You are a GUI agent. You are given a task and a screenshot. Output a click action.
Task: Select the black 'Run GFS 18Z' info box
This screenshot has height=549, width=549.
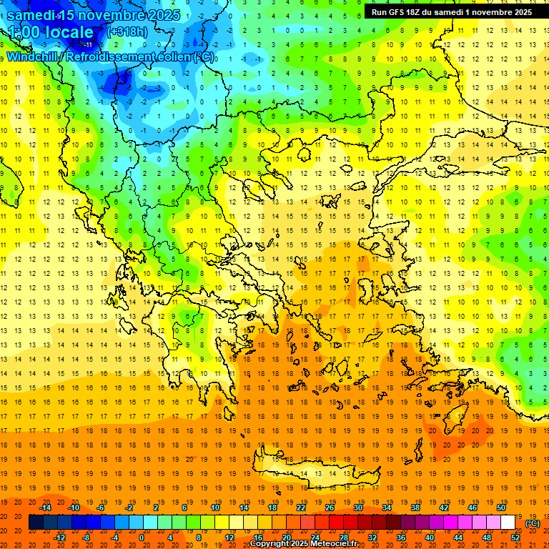[x=451, y=12]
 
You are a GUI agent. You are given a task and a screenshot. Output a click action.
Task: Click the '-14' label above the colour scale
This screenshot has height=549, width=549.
[x=45, y=508]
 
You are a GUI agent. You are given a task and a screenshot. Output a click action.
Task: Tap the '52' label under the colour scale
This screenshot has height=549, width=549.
[x=515, y=537]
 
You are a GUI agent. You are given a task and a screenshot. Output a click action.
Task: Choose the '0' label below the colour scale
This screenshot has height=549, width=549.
[x=142, y=537]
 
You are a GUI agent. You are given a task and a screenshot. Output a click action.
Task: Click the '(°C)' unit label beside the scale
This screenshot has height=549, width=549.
[x=533, y=523]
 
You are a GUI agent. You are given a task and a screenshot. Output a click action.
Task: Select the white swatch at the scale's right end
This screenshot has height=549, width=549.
[x=508, y=523]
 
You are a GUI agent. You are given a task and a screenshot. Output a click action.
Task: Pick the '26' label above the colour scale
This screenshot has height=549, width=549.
[x=330, y=508]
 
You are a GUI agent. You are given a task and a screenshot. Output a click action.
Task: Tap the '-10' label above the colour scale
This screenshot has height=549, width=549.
[x=74, y=508]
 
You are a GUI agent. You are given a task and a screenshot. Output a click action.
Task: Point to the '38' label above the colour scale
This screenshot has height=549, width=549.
[x=415, y=508]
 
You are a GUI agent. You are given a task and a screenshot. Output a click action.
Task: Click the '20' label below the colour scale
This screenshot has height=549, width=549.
[x=286, y=537]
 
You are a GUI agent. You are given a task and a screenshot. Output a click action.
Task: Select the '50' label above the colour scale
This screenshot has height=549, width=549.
[x=501, y=508]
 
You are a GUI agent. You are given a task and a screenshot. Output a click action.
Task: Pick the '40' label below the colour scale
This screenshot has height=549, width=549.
[x=430, y=537]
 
